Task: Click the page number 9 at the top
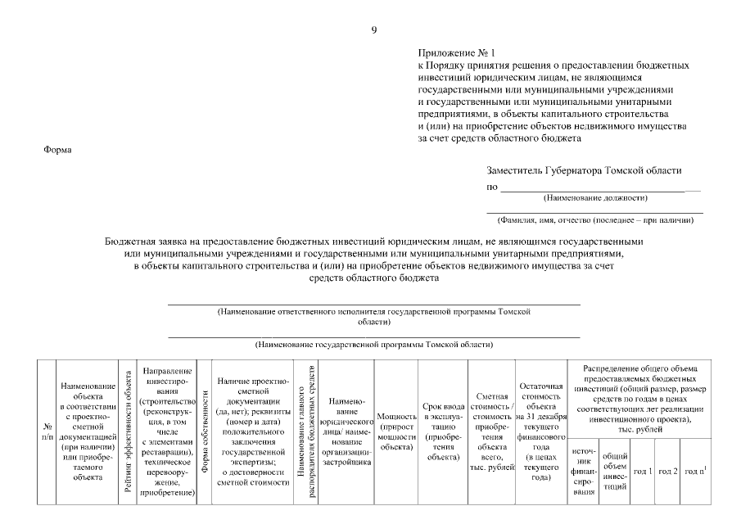tap(374, 30)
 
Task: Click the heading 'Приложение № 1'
tap(451, 52)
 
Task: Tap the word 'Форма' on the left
tap(57, 150)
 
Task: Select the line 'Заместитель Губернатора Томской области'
tap(584, 170)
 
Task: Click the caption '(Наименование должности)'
tap(595, 198)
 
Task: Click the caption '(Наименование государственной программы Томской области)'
tap(374, 346)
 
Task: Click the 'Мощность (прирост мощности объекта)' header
tap(395, 432)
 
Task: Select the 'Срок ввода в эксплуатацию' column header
tap(442, 431)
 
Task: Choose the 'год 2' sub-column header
tap(668, 472)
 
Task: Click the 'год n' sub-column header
tap(695, 472)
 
